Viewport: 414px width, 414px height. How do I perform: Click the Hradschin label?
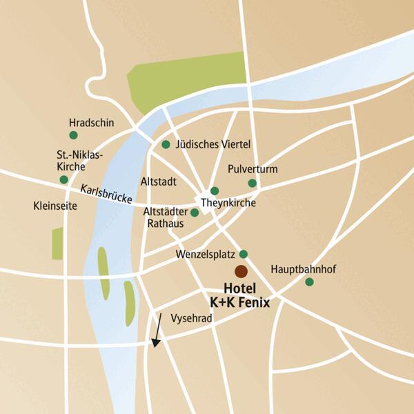tap(91, 123)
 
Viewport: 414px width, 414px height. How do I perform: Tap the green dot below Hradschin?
tap(73, 135)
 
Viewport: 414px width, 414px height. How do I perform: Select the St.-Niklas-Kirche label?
tap(79, 161)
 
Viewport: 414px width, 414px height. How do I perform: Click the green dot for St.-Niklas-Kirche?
tap(64, 180)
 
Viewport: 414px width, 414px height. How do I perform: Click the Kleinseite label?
tap(56, 206)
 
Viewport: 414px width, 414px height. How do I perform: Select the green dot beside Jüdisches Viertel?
tap(166, 145)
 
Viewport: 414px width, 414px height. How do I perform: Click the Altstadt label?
tap(159, 182)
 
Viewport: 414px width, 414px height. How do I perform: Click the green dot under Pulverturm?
tap(253, 183)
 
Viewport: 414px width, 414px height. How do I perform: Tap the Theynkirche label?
tap(228, 204)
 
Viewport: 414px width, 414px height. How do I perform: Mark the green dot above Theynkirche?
tap(215, 191)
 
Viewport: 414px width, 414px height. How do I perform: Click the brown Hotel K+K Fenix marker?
tap(241, 271)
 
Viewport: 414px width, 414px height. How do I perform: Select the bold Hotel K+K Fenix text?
tap(239, 295)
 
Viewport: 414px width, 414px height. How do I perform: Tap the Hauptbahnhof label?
tap(303, 268)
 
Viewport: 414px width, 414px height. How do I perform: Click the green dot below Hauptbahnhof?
tap(309, 282)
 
